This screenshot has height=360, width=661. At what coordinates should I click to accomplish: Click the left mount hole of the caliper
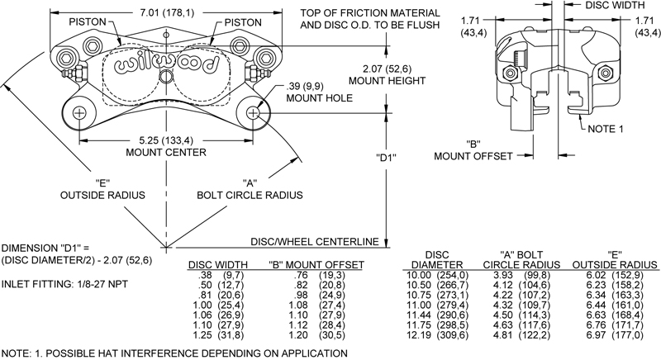click(x=79, y=112)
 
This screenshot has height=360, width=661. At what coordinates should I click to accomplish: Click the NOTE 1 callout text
click(x=609, y=130)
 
